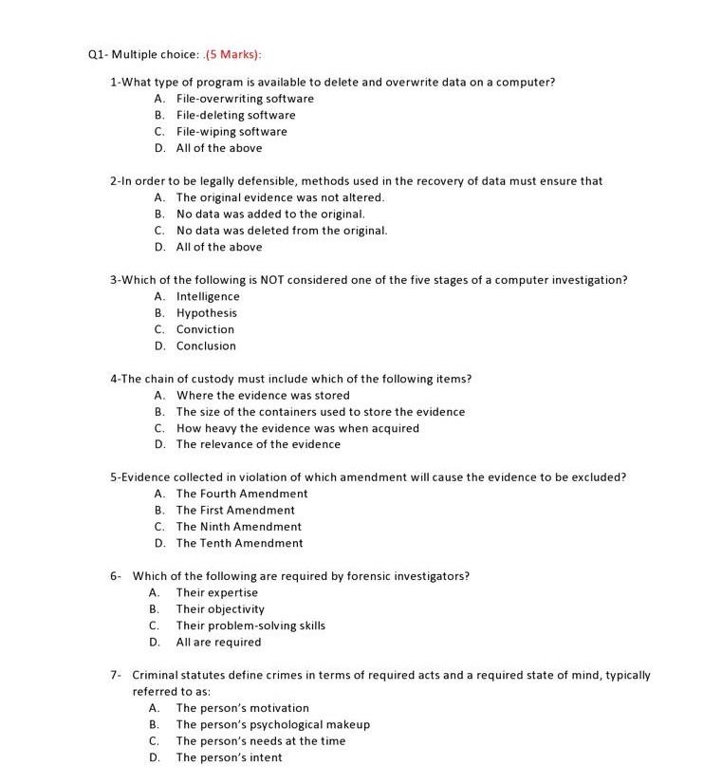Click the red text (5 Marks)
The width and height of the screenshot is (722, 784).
(234, 54)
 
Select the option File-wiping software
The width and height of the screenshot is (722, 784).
(231, 132)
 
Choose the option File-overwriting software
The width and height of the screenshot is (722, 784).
(245, 99)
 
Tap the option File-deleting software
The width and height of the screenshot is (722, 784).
(235, 115)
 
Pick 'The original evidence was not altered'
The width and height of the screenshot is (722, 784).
(280, 197)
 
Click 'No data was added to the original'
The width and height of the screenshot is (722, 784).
(270, 214)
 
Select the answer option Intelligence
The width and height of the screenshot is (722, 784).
(208, 297)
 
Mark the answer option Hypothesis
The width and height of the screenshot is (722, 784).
(207, 313)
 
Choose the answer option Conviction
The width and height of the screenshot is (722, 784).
(205, 329)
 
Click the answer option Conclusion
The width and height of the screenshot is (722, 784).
(206, 346)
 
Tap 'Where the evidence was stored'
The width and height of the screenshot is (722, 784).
(263, 396)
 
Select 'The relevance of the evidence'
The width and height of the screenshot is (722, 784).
(258, 444)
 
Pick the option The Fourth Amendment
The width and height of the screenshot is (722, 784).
(242, 494)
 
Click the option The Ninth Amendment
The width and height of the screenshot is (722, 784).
(239, 527)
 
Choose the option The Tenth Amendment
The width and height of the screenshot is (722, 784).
(240, 544)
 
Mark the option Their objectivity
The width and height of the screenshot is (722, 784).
(220, 609)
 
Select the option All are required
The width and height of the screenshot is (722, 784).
(218, 643)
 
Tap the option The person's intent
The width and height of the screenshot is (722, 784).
(229, 757)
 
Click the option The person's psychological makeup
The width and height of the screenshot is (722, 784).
(272, 724)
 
